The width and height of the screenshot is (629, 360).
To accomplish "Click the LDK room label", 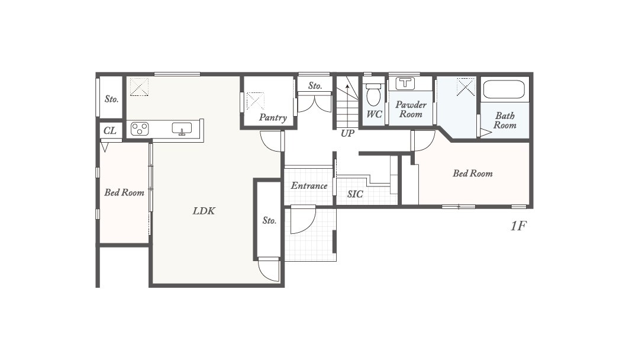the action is click(204, 211).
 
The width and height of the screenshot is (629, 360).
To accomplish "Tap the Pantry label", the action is click(273, 118).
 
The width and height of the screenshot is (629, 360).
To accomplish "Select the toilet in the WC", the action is click(373, 94).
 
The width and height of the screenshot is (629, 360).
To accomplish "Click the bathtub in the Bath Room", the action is click(504, 89).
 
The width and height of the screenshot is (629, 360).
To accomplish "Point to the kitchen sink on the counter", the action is click(182, 128).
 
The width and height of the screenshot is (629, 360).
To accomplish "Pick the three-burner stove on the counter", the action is click(140, 129).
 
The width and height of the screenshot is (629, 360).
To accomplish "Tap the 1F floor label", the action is click(518, 226).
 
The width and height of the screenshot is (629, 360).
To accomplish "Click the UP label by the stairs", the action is click(347, 134).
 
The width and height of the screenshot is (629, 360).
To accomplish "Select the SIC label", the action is click(355, 194).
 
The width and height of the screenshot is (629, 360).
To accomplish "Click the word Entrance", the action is click(309, 186).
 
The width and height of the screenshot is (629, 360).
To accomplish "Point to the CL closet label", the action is click(110, 131).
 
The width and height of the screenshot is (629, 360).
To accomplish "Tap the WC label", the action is click(375, 114).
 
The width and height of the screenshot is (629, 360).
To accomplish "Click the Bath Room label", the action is click(505, 120).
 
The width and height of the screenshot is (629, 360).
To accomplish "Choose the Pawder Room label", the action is click(411, 110).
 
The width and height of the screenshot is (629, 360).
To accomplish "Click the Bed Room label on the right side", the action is click(473, 173).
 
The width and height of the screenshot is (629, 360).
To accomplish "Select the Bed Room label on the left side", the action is click(124, 192).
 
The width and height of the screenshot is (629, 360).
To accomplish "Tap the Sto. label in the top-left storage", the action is click(111, 99).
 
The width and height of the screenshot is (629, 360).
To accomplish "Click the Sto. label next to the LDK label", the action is click(269, 220).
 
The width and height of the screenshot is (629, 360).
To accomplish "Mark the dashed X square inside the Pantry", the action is click(256, 101).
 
